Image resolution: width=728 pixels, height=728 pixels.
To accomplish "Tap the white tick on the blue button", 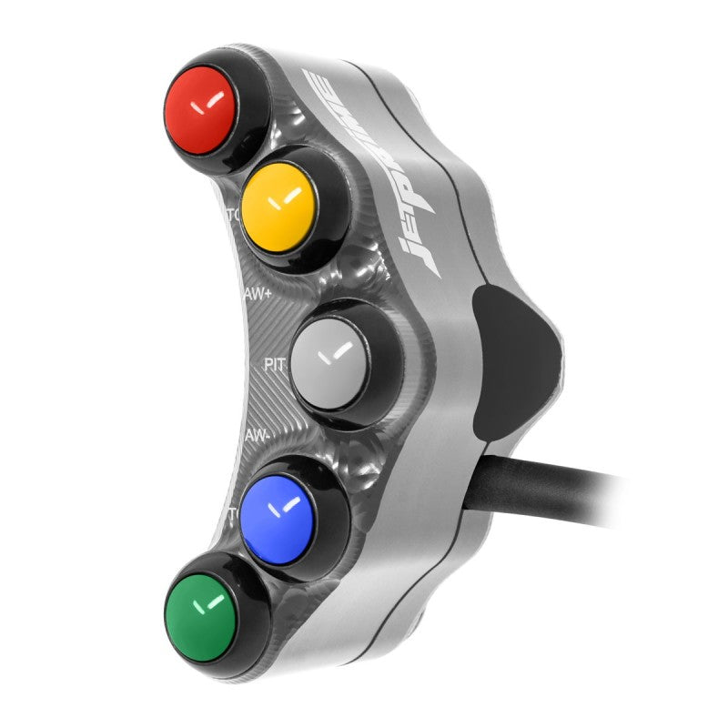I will click(x=288, y=503).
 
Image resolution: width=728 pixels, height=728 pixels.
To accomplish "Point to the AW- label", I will click(x=256, y=436).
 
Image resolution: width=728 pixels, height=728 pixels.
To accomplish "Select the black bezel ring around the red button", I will click(x=256, y=82).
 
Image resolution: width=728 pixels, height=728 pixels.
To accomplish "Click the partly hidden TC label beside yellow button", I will click(x=232, y=217).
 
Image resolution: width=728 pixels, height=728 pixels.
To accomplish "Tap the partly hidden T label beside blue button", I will click(x=233, y=512).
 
